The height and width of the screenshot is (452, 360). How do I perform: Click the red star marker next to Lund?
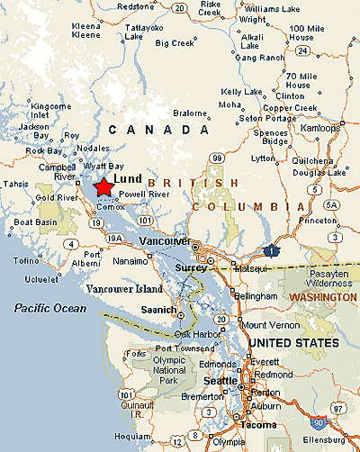click(x=103, y=186)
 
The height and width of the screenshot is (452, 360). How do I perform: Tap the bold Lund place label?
click(x=129, y=178)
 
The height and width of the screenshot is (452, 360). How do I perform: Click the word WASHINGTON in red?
click(x=321, y=296)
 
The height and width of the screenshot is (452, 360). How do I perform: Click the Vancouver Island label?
click(x=125, y=289)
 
